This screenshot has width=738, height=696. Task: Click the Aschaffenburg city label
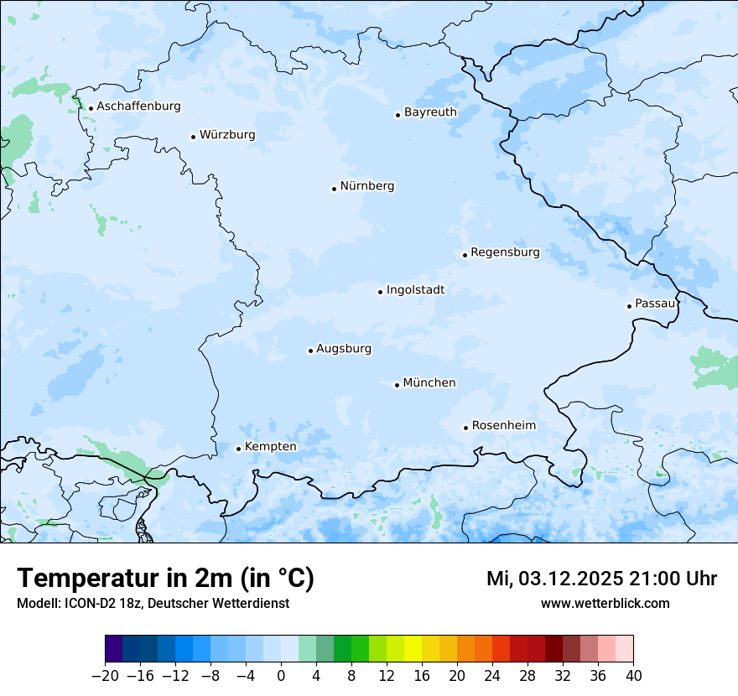pyautogui.click(x=138, y=106)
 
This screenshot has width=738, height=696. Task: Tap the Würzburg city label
pyautogui.click(x=227, y=135)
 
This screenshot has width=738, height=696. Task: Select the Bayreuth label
pyautogui.click(x=430, y=112)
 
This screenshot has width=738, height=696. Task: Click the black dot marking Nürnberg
pyautogui.click(x=334, y=189)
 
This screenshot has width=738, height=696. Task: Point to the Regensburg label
pyautogui.click(x=505, y=252)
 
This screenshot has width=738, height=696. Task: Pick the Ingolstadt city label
pyautogui.click(x=415, y=290)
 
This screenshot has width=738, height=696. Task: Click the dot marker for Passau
pyautogui.click(x=629, y=306)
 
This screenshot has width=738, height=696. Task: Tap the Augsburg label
pyautogui.click(x=344, y=349)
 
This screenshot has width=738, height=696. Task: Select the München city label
pyautogui.click(x=429, y=383)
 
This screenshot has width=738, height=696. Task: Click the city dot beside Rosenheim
pyautogui.click(x=465, y=428)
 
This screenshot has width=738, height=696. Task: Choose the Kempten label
pyautogui.click(x=270, y=447)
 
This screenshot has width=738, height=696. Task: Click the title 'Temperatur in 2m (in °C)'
pyautogui.click(x=165, y=578)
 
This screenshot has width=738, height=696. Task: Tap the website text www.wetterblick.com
pyautogui.click(x=605, y=603)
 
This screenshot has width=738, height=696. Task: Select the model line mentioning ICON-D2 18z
pyautogui.click(x=153, y=603)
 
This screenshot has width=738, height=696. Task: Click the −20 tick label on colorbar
pyautogui.click(x=105, y=676)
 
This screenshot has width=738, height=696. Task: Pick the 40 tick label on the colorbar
pyautogui.click(x=633, y=676)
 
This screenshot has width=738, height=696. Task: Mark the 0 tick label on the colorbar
pyautogui.click(x=281, y=676)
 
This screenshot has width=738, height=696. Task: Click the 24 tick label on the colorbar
pyautogui.click(x=492, y=676)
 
